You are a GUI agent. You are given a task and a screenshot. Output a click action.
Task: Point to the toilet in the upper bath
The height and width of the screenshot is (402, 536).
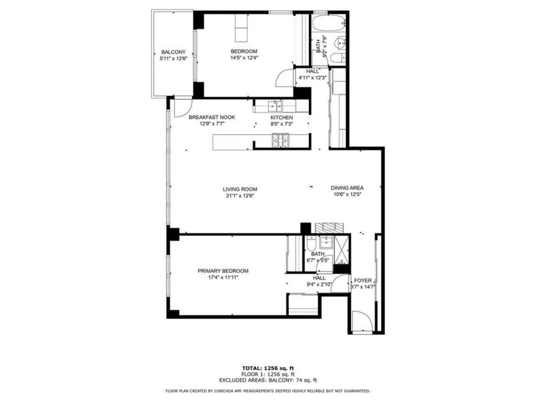coord(338,57)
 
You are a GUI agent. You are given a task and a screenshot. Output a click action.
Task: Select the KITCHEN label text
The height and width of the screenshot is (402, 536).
coord(281,118)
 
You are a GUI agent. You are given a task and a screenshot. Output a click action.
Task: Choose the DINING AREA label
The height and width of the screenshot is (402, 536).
coord(346,188)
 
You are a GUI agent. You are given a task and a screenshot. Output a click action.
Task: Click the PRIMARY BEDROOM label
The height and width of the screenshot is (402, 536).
coord(223,271)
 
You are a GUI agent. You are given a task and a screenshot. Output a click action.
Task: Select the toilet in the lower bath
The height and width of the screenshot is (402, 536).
coord(311,244)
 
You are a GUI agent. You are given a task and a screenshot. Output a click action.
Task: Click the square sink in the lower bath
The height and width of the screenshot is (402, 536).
coord(326,242)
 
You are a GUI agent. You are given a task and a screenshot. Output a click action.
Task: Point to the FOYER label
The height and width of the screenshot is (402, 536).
coord(362,281)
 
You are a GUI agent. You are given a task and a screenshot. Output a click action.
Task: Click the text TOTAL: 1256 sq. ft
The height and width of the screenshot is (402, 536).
coord(268,368)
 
